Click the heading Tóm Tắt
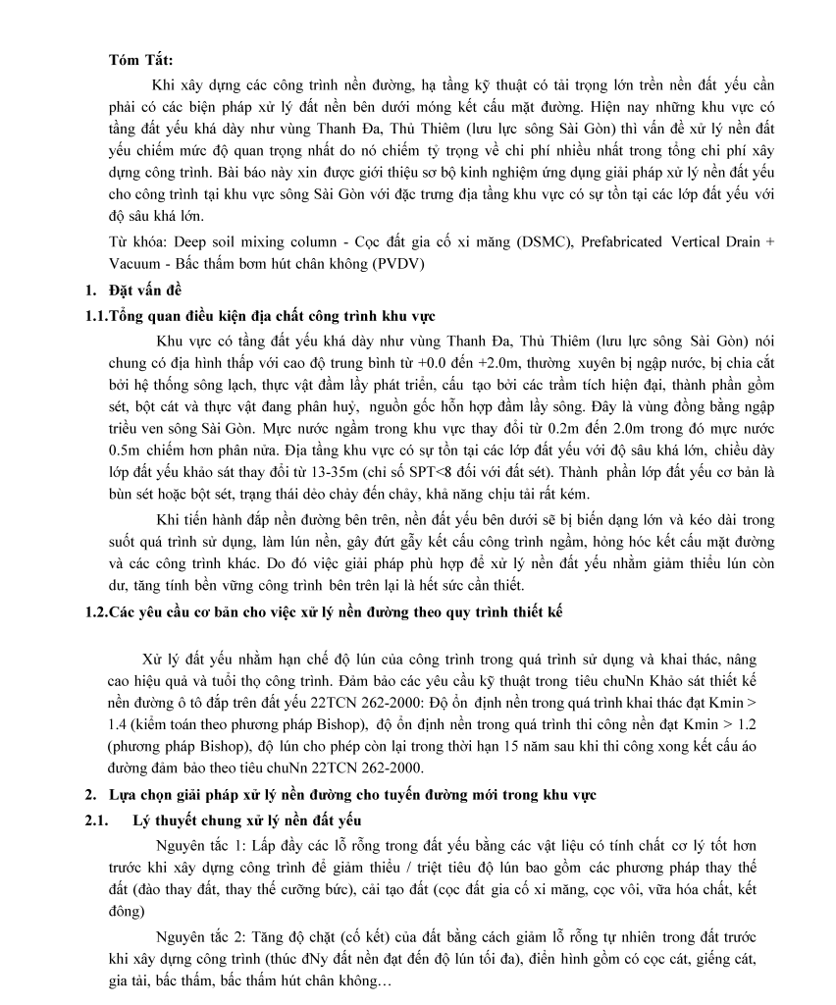pos(140,61)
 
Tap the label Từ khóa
pos(134,241)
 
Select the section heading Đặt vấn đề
pos(145,291)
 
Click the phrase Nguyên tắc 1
pos(197,843)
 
